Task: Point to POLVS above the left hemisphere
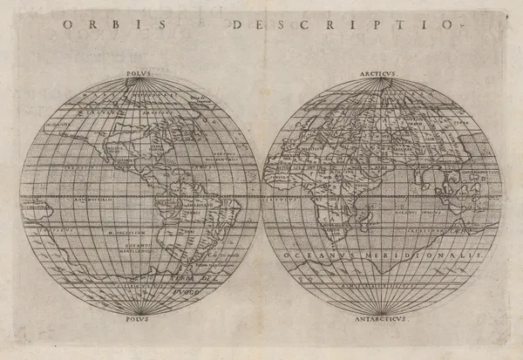pos(139,75)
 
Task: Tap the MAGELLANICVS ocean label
pos(132,252)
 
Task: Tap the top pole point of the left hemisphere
pos(139,81)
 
